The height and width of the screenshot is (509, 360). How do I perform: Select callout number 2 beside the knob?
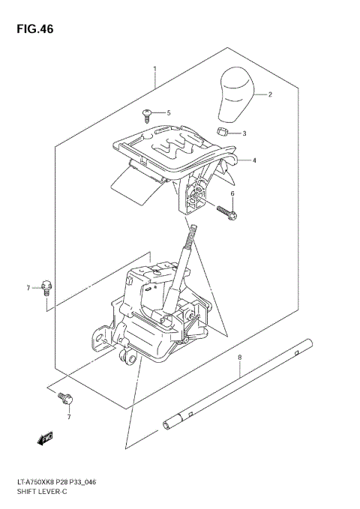(270, 94)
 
